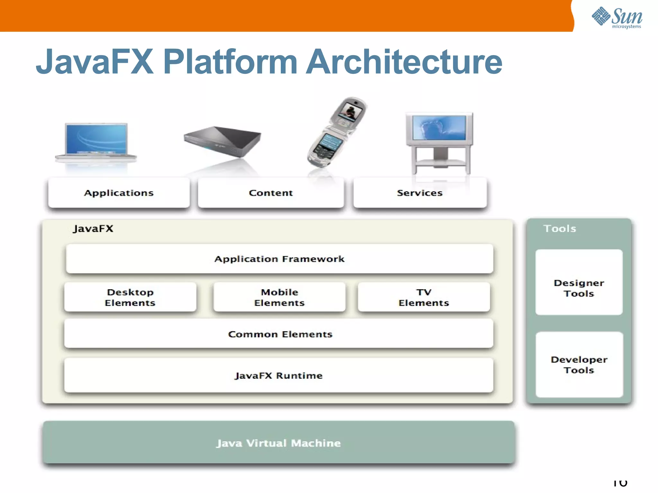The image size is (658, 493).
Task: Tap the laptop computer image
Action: click(96, 141)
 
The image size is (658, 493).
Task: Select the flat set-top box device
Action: click(222, 141)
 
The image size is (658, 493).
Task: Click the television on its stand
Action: click(439, 141)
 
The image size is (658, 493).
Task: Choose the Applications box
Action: click(119, 193)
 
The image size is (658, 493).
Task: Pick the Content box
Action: click(271, 193)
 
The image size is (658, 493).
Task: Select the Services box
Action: click(420, 193)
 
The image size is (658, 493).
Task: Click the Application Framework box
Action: click(279, 259)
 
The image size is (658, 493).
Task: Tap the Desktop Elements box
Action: click(130, 297)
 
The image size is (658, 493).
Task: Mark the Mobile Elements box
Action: click(279, 297)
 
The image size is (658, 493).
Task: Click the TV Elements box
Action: click(423, 297)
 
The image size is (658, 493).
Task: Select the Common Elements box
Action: click(279, 334)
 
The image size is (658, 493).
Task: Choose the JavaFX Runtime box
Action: click(279, 376)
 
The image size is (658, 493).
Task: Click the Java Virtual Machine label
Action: click(279, 443)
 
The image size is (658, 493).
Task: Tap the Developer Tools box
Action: click(579, 365)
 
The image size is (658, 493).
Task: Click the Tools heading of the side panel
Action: click(559, 229)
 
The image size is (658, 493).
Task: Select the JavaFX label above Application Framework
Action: click(93, 229)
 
